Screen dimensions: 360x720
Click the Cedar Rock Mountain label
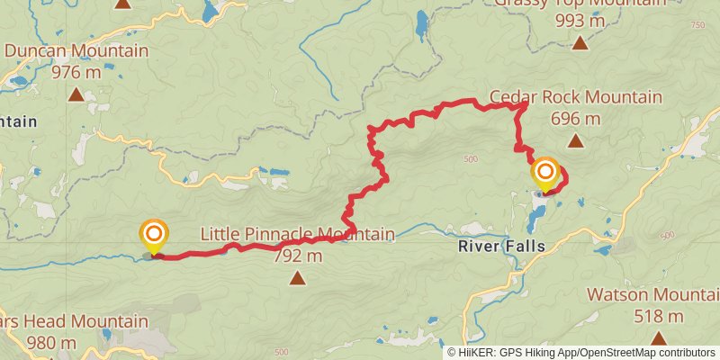point(575,97)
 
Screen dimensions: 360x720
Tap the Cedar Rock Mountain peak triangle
point(576,139)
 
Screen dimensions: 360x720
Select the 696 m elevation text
point(576,118)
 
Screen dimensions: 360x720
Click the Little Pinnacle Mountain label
point(297,235)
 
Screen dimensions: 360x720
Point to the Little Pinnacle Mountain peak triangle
point(297,278)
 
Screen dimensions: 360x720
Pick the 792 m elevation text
point(297,256)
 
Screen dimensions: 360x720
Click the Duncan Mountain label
point(76,51)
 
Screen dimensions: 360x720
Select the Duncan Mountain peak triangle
point(76,94)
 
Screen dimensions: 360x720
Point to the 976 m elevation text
point(76,72)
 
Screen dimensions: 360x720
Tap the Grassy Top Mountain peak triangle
point(580,41)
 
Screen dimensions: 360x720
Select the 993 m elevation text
point(580,20)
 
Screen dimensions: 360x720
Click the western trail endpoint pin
point(154,237)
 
